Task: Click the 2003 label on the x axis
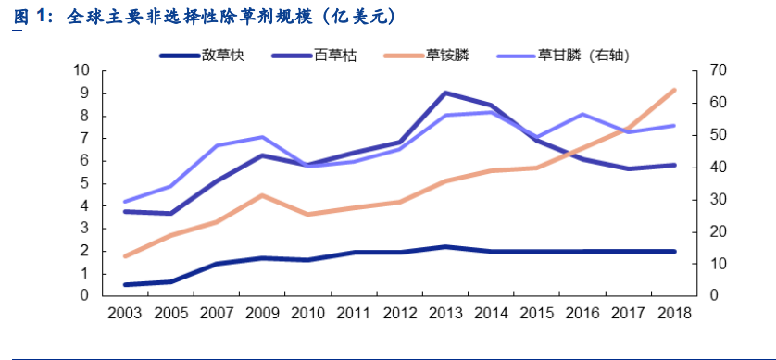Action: (x=126, y=313)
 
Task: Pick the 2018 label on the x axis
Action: (x=673, y=313)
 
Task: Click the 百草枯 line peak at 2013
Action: (x=444, y=93)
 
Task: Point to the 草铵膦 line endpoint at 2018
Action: (x=673, y=90)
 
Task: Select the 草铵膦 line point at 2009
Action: (x=263, y=195)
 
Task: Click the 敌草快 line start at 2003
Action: (x=126, y=285)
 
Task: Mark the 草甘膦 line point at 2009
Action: (x=263, y=137)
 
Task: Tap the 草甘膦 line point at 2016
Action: (x=582, y=114)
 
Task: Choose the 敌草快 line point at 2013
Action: (x=444, y=247)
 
